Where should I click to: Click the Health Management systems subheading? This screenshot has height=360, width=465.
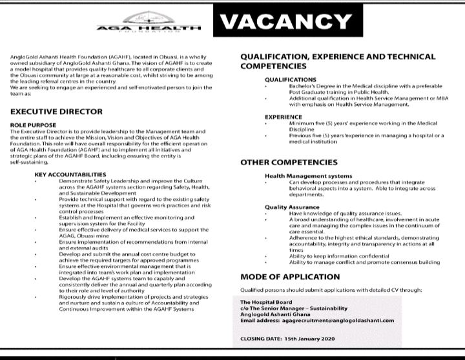pyautogui.click(x=308, y=175)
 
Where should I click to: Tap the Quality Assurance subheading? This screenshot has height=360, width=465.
pyautogui.click(x=292, y=208)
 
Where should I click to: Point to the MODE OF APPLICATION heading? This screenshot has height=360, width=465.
pyautogui.click(x=291, y=277)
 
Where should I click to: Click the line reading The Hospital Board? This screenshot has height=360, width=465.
pyautogui.click(x=266, y=303)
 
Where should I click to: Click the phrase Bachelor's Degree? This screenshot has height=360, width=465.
pyautogui.click(x=312, y=85)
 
